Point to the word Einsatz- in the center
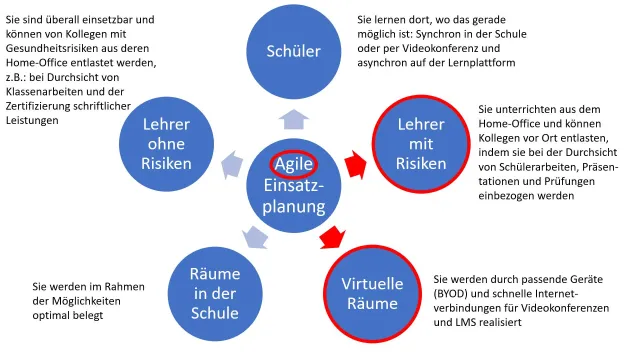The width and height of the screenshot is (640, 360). click(292, 187)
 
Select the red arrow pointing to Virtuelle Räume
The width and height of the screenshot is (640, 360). click(329, 238)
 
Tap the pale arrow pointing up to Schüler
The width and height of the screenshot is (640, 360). click(291, 117)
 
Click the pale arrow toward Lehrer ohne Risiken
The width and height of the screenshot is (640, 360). click(231, 162)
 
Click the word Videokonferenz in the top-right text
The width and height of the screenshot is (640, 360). click(470, 46)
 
